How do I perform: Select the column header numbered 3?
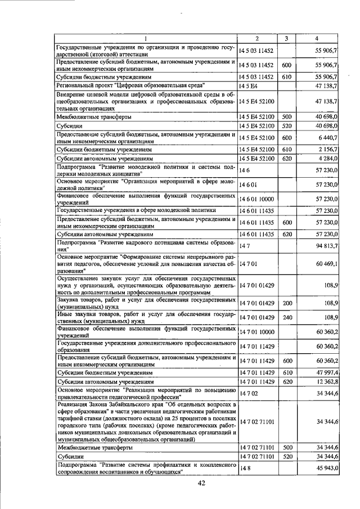tap(286, 38)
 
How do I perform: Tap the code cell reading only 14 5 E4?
tap(247, 85)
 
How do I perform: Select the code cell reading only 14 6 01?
tap(248, 184)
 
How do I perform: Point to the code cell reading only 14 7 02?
tap(248, 394)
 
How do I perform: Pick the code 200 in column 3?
tap(286, 303)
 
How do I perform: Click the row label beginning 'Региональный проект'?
tap(110, 85)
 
